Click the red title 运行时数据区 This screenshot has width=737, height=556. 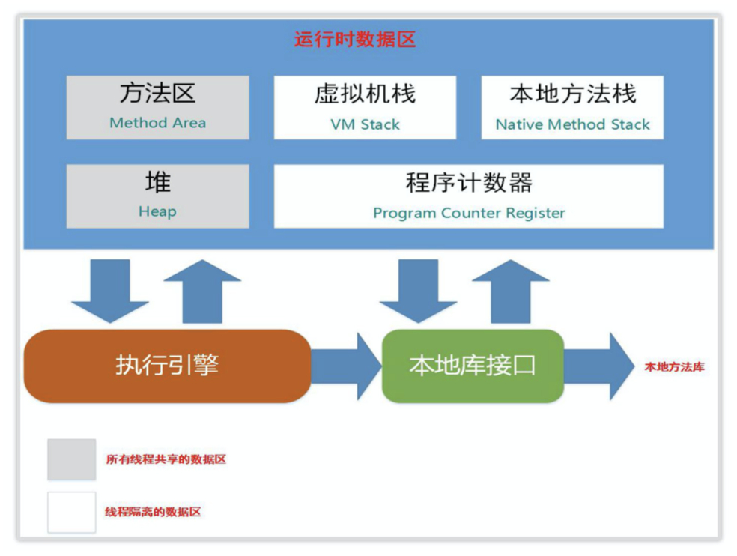(354, 39)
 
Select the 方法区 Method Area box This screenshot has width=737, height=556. (157, 107)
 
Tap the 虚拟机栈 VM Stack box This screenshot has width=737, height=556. (365, 107)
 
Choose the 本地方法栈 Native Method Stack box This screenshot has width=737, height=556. (572, 107)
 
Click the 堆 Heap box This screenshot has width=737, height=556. (157, 196)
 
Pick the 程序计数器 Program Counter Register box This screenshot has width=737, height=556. (468, 196)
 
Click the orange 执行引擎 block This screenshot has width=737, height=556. (167, 366)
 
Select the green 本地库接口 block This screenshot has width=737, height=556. (473, 366)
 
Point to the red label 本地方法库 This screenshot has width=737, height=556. (674, 367)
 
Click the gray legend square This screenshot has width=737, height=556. (72, 459)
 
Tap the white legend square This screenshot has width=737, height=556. (72, 512)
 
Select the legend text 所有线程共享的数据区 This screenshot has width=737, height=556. (166, 459)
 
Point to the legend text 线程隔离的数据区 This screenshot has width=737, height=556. (153, 513)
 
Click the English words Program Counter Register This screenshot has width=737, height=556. (469, 213)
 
